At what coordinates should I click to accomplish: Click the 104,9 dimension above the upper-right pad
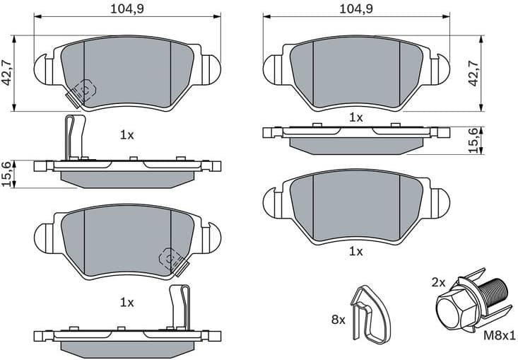pos(356,9)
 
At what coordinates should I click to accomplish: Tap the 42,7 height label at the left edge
pos(8,72)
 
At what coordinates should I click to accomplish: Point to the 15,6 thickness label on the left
pos(8,174)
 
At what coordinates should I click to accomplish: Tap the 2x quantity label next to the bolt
pos(438,281)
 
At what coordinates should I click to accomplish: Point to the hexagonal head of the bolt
pos(450,310)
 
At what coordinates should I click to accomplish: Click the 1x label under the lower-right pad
pos(355,251)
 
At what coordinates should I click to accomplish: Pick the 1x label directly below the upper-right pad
pos(355,117)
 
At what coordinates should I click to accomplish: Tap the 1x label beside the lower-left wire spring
pos(126,302)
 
